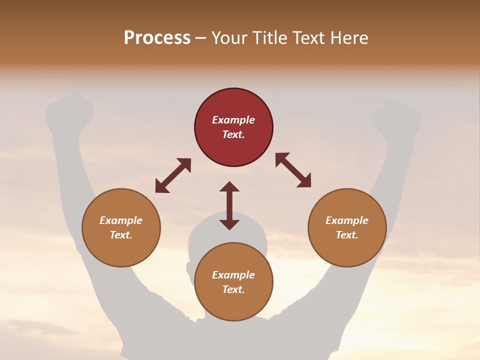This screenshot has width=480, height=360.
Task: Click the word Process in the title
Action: click(x=157, y=38)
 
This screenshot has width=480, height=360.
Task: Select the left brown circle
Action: click(x=121, y=250)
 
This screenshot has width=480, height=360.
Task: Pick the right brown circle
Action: click(x=347, y=250)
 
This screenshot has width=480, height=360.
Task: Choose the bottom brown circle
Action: click(x=233, y=305)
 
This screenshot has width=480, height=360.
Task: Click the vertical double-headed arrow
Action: click(x=229, y=205)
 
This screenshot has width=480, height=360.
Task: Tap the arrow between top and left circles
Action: click(x=173, y=175)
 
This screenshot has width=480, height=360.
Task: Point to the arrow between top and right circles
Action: click(x=293, y=170)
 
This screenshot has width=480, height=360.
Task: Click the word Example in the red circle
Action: click(x=233, y=120)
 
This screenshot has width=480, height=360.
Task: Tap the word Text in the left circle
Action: click(x=120, y=235)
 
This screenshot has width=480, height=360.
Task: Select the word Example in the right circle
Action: click(x=347, y=220)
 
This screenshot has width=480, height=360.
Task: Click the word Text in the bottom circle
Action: click(x=233, y=289)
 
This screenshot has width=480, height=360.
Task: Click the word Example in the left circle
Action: click(x=121, y=220)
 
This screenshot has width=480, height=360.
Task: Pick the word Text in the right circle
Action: click(x=346, y=235)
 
